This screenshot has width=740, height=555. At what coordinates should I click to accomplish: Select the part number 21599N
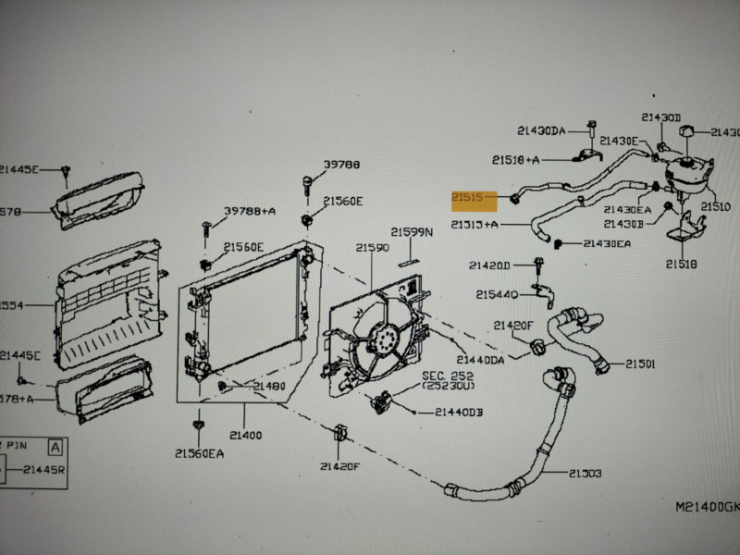coord(412,233)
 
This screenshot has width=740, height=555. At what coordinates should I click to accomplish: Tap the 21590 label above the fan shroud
coord(372,248)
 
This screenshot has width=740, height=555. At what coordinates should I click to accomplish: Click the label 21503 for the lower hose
coord(582,474)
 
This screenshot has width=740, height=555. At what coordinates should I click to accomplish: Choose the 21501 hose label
coord(639,364)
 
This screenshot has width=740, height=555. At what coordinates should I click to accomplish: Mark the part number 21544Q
coord(498,295)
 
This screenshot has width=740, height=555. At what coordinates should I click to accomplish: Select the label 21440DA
coord(480,359)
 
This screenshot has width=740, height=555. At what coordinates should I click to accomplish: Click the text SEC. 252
coord(448,376)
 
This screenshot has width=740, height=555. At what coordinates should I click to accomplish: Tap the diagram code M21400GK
coord(706,506)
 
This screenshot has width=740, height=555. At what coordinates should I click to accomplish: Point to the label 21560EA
coord(198,453)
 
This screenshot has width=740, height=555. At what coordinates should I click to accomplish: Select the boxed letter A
coord(56,446)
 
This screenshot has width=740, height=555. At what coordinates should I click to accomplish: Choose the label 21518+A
coord(515,160)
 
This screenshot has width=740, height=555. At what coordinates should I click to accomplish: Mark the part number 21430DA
coord(541,131)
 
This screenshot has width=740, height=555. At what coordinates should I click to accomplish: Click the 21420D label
coord(488,265)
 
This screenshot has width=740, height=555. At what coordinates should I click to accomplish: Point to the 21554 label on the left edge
coord(11,304)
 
